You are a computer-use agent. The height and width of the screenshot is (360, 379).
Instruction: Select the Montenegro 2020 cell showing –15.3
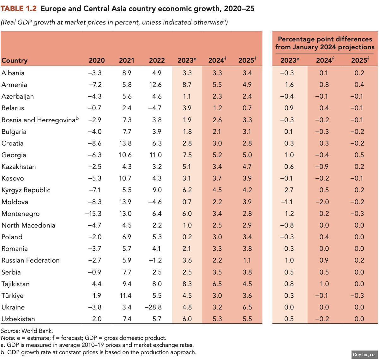[93, 214]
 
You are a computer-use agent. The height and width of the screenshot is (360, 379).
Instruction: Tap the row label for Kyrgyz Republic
[26, 190]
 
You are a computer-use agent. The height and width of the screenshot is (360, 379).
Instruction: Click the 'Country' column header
[15, 60]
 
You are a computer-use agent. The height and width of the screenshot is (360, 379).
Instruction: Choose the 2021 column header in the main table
[126, 60]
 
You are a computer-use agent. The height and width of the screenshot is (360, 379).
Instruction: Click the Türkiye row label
[13, 296]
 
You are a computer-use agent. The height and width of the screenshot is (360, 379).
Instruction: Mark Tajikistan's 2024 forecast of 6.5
[217, 284]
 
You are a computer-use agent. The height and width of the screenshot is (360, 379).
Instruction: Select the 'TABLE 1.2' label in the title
[19, 9]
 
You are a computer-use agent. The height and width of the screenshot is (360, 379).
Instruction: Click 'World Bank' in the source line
[37, 331]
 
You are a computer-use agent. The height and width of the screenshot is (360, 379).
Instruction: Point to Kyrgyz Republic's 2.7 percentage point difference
[289, 190]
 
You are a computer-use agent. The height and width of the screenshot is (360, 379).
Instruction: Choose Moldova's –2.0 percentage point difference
[322, 202]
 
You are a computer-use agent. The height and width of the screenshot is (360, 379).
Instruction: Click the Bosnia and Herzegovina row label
[39, 120]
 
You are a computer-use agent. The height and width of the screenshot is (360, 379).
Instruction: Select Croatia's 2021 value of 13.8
[125, 143]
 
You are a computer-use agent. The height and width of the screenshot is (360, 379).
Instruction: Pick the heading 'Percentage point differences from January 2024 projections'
[325, 43]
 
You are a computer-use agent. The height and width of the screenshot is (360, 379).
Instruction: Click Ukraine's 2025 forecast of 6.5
[247, 307]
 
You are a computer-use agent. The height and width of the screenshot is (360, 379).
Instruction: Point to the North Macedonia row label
[28, 225]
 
